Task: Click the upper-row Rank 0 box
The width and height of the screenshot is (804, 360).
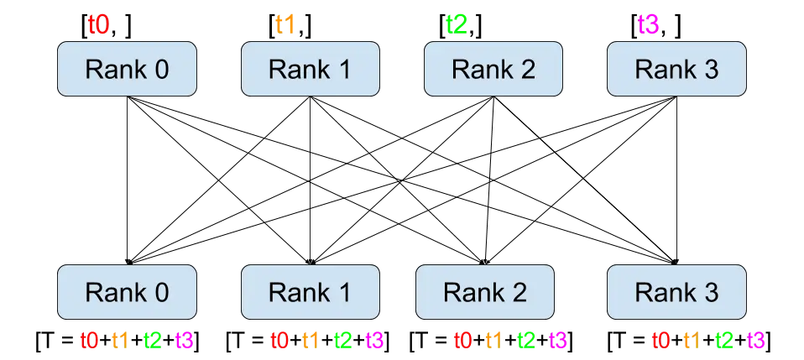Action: point(127,70)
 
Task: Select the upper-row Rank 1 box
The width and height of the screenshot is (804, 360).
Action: point(310,70)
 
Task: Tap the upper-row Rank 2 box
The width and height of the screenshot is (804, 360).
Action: point(493,70)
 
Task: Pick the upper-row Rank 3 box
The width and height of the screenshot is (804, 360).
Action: point(676,70)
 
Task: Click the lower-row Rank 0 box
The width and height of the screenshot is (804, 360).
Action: point(127,292)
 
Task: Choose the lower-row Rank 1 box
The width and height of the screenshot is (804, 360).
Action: point(310,292)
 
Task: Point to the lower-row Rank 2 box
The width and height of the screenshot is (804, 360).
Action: point(485,292)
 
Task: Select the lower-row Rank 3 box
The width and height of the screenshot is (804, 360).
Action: point(676,292)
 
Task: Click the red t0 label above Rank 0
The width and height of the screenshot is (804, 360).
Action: point(99,24)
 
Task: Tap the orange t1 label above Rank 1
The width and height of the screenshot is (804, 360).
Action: point(285,24)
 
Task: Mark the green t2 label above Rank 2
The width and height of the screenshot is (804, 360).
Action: point(457,24)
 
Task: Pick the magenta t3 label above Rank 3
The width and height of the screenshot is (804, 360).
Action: point(649,24)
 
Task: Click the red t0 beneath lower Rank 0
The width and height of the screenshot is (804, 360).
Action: point(89,340)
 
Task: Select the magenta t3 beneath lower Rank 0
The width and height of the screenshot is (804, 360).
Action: point(184,340)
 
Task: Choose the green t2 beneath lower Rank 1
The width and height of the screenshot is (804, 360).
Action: point(342,340)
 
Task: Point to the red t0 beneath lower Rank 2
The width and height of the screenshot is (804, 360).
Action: point(462,340)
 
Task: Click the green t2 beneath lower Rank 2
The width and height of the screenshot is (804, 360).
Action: point(527,340)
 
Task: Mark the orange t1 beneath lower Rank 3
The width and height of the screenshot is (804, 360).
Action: point(692,340)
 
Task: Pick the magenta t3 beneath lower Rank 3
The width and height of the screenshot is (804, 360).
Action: point(755,340)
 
